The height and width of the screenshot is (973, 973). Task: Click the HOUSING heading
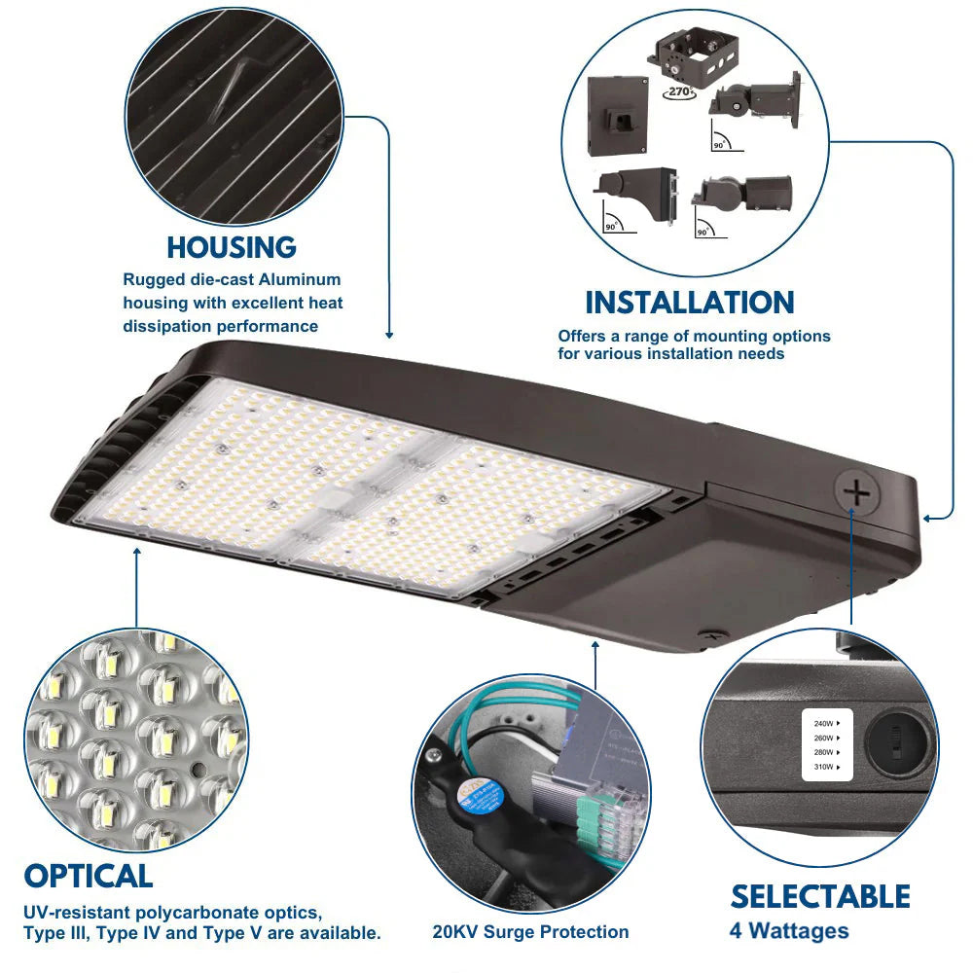232,247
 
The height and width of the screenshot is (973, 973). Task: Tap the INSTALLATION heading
690,303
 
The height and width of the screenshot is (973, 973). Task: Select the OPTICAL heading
89,876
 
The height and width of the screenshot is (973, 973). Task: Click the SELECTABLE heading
820,896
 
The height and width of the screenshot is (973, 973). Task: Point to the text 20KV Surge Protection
530,932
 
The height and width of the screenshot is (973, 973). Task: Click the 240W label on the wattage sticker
823,723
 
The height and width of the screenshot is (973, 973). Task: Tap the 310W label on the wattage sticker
823,767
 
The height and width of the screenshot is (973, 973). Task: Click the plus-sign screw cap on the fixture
857,493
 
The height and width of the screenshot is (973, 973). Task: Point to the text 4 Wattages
788,931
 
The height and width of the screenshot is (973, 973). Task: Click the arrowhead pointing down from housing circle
389,334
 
